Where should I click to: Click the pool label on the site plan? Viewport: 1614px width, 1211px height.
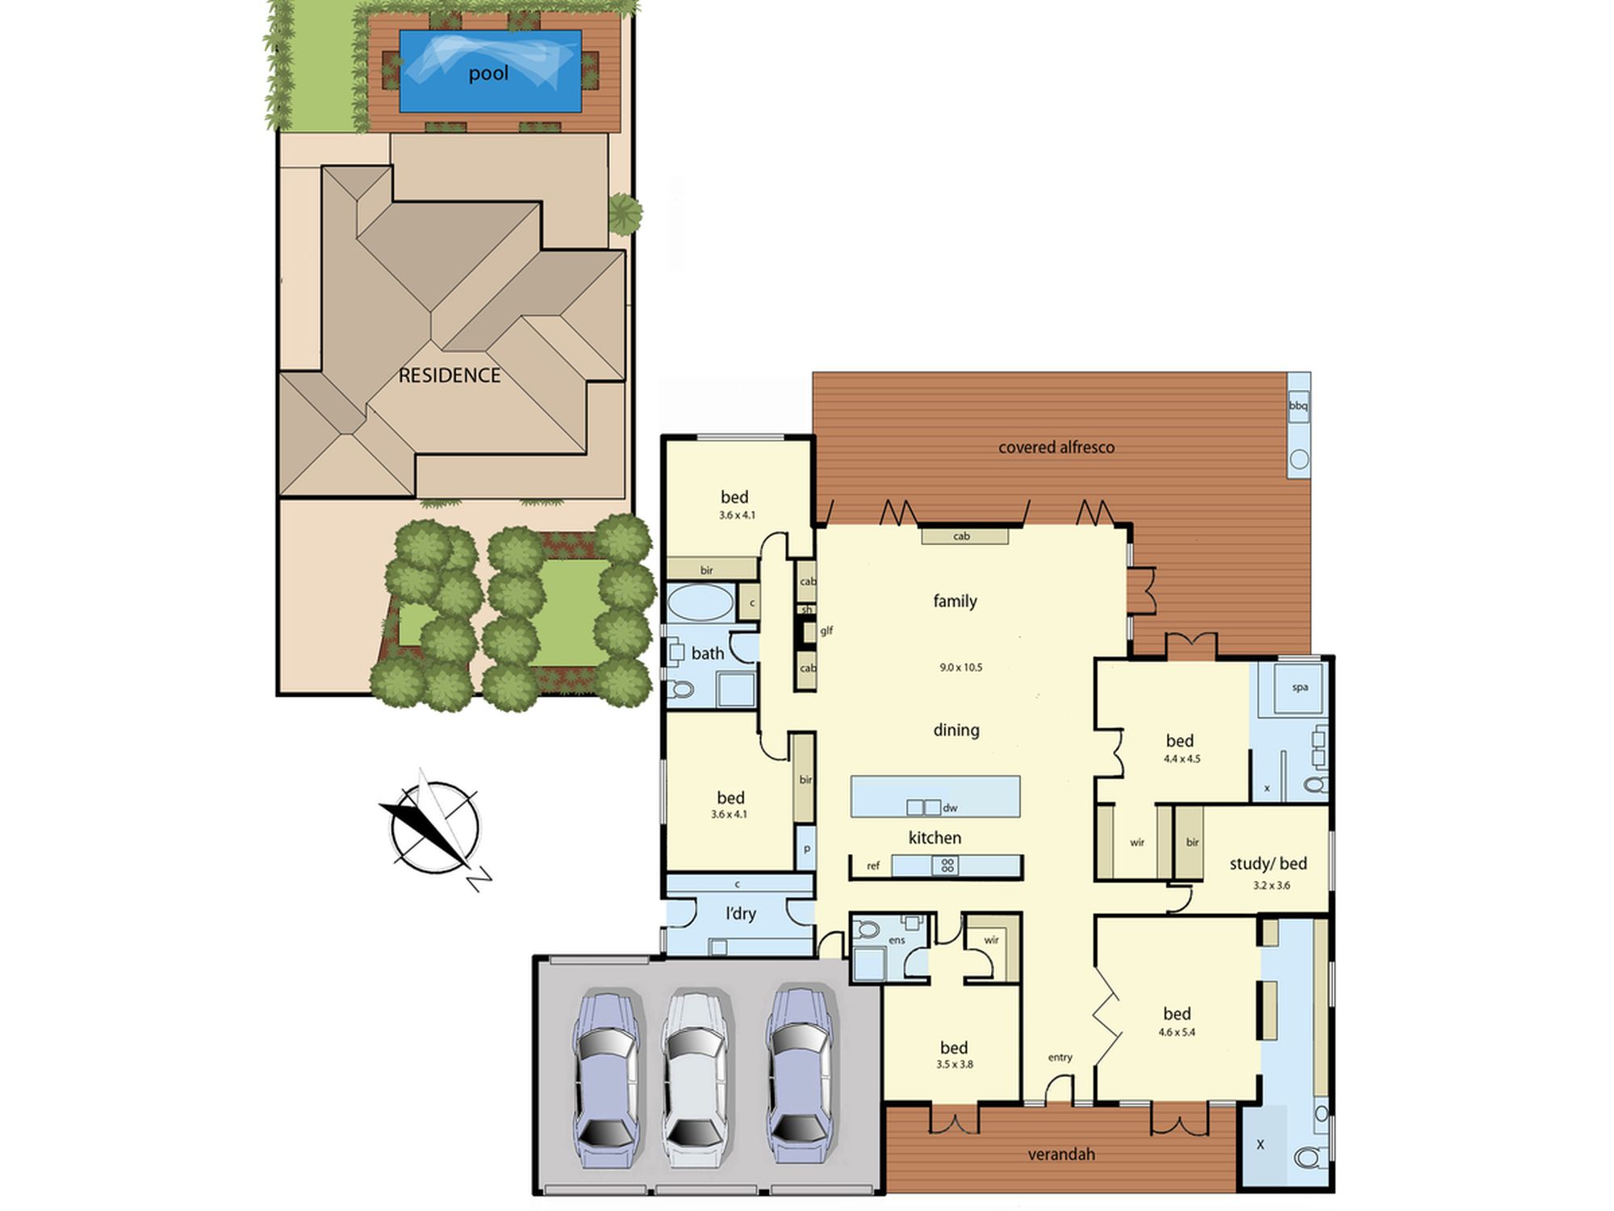[x=488, y=73]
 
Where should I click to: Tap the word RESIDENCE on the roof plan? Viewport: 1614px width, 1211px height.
[x=449, y=375]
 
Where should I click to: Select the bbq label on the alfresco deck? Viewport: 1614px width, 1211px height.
[x=1298, y=405]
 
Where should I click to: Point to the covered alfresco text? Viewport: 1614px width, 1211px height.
[x=1056, y=447]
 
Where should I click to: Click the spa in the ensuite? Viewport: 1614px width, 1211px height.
[x=1298, y=688]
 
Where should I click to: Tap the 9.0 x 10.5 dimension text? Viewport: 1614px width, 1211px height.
[x=960, y=668]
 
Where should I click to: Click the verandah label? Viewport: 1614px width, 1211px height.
[x=1061, y=1154]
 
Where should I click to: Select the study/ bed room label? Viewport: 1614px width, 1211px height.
[x=1268, y=864]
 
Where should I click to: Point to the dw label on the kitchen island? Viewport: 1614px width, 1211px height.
[x=950, y=807]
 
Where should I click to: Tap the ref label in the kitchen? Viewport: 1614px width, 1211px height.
[x=873, y=866]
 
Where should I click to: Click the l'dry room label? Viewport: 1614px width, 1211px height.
[x=740, y=914]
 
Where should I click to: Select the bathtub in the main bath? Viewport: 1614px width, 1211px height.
[x=700, y=602]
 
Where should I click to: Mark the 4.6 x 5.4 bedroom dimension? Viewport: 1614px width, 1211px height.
[x=1177, y=1032]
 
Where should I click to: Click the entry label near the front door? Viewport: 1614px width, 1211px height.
[x=1060, y=1058]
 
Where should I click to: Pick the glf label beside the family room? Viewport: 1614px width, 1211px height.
[x=826, y=631]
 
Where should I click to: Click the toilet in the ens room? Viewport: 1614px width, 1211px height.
[x=867, y=929]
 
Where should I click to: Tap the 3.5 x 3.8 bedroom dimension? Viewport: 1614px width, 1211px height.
[x=955, y=1064]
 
